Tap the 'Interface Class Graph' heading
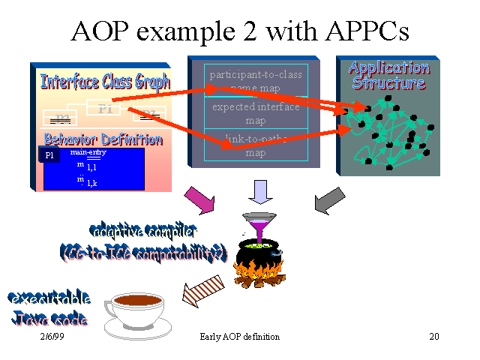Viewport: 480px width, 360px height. tap(105, 81)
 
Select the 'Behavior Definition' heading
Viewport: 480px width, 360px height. tap(103, 139)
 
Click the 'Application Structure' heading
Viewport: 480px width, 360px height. tap(388, 76)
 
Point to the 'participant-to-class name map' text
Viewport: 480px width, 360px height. tap(256, 81)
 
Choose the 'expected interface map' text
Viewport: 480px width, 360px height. tap(256, 113)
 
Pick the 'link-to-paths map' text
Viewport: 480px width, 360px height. tap(256, 145)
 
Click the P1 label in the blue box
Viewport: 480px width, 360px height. tap(49, 155)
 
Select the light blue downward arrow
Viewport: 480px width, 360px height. tap(261, 192)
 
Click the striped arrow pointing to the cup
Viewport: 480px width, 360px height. tap(199, 288)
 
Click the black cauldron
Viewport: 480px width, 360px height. tap(256, 262)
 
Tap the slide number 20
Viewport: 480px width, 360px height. tap(433, 337)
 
